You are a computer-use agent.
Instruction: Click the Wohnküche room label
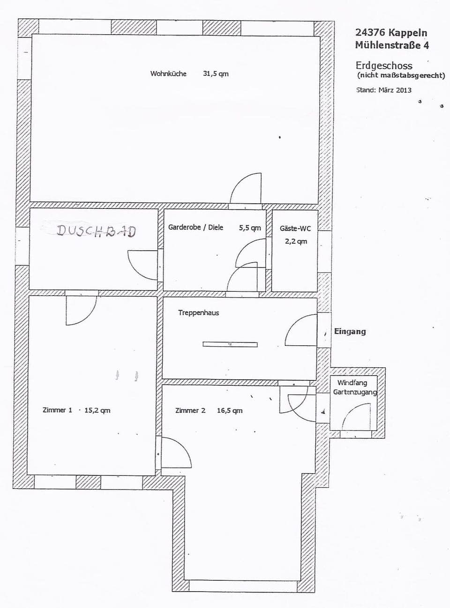tap(168, 74)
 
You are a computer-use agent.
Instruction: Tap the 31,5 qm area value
tap(216, 74)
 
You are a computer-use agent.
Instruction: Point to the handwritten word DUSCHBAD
tap(96, 230)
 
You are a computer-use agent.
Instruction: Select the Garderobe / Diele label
tap(195, 227)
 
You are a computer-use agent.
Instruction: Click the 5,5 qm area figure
tap(250, 228)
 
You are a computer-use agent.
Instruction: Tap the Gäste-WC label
tap(295, 228)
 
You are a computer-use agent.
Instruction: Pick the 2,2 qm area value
tap(296, 241)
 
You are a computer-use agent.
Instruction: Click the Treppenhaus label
tap(198, 312)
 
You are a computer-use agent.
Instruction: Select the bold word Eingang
tap(350, 331)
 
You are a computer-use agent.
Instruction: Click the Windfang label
tap(352, 383)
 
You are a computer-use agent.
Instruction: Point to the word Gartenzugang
tap(355, 392)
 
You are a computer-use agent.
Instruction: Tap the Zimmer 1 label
tap(57, 410)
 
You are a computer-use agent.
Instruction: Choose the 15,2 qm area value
tap(97, 410)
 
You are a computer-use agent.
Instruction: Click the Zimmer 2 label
tap(190, 410)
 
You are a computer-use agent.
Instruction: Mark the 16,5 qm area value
tap(230, 410)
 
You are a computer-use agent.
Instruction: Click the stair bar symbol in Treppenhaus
tap(230, 344)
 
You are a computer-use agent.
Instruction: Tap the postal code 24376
tap(370, 32)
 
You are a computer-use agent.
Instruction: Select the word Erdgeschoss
tap(384, 65)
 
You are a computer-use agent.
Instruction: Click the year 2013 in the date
tap(404, 90)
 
